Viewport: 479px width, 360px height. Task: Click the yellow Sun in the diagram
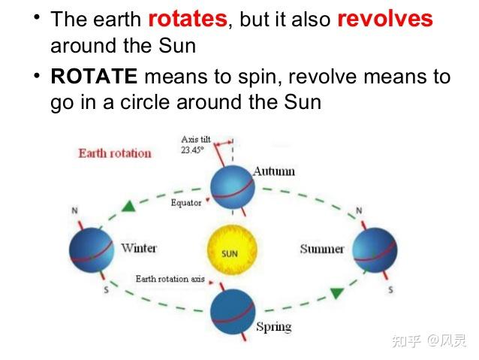(x=230, y=253)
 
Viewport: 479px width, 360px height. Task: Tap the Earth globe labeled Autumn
(x=232, y=189)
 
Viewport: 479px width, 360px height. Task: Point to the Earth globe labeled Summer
(x=375, y=249)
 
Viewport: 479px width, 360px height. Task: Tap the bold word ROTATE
(x=95, y=77)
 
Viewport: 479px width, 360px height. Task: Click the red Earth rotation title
(x=115, y=153)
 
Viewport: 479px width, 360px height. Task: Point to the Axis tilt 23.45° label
(x=194, y=144)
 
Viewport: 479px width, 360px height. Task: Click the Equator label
(x=186, y=203)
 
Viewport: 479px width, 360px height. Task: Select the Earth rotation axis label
(x=170, y=279)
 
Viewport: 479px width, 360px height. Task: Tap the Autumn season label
(x=273, y=171)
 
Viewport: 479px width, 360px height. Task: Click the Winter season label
(x=138, y=247)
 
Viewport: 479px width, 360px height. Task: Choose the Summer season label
(x=322, y=249)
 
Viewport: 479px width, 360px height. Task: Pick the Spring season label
(x=273, y=327)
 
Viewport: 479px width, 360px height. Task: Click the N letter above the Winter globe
(x=74, y=210)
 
